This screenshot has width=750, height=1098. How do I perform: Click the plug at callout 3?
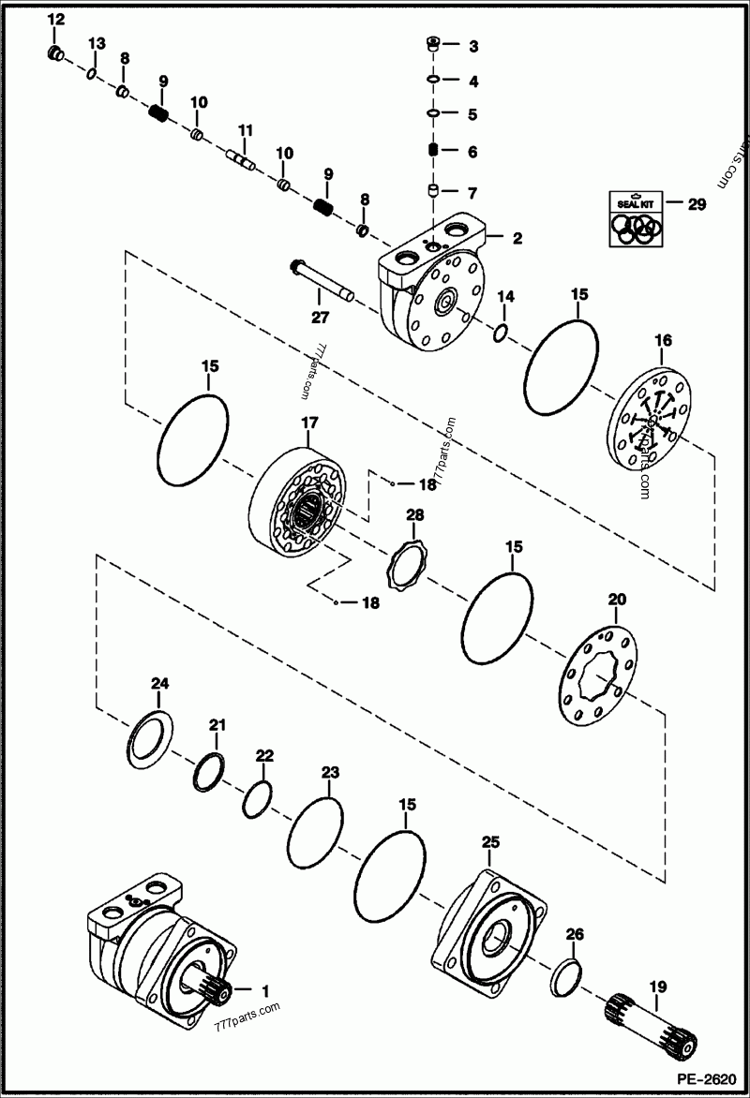434,44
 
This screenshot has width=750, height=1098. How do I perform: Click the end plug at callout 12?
55,52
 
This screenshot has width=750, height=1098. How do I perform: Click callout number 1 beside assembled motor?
264,989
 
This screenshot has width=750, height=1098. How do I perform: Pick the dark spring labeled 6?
434,152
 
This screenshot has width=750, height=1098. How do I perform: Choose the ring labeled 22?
256,798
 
